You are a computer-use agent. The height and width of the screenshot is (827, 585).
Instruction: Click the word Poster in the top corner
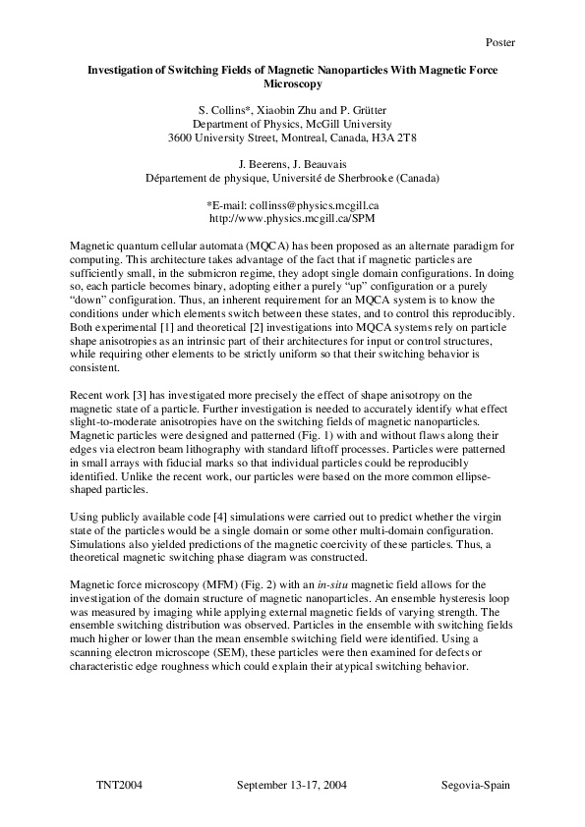tap(499, 42)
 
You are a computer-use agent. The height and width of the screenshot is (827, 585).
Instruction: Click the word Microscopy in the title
tap(292, 85)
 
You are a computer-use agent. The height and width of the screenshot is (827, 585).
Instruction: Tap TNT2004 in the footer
tap(119, 787)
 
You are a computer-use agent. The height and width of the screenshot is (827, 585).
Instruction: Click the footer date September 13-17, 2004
tap(292, 787)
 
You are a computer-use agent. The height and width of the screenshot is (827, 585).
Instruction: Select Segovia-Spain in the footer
tap(476, 787)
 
